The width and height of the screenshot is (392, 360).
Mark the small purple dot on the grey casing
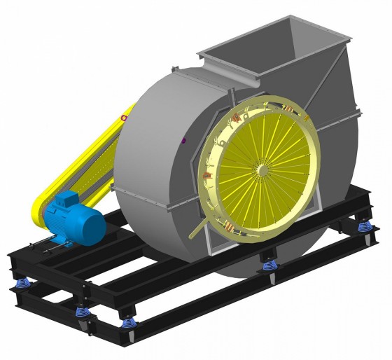(183, 140)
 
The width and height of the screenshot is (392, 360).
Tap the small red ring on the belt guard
(124, 118)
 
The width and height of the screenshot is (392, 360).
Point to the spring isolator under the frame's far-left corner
(22, 282)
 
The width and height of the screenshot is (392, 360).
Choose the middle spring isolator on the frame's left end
(82, 310)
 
